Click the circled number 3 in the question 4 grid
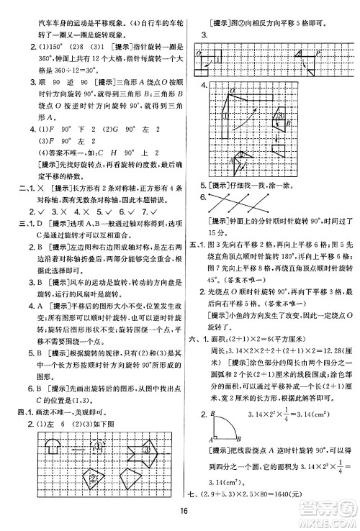[282, 116]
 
